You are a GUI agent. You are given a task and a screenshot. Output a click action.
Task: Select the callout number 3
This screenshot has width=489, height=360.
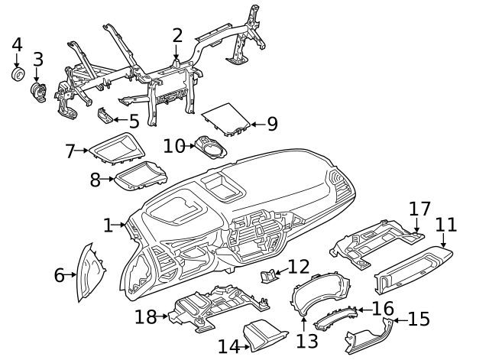pos(37,59)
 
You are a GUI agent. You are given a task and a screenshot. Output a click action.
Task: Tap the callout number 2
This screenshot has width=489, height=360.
pos(177,34)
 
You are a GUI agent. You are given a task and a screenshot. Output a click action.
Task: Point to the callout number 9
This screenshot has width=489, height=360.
pos(271,123)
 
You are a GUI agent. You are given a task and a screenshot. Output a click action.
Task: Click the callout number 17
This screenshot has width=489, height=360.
pos(419,209)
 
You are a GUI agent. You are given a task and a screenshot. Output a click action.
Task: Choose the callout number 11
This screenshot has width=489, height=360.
pos(445,225)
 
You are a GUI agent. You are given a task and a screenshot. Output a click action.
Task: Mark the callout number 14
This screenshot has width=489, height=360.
pos(228,346)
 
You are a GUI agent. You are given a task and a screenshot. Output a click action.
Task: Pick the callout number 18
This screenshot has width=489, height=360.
pos(145,316)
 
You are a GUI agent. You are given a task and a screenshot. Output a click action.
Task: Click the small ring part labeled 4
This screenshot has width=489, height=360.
pos(17,74)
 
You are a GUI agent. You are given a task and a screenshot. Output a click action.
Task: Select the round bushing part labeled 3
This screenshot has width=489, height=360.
pos(37,92)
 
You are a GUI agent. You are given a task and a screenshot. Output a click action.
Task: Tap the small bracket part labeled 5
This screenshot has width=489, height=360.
pos(105,115)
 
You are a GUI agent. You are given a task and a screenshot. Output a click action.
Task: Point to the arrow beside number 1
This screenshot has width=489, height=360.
pos(121,225)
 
